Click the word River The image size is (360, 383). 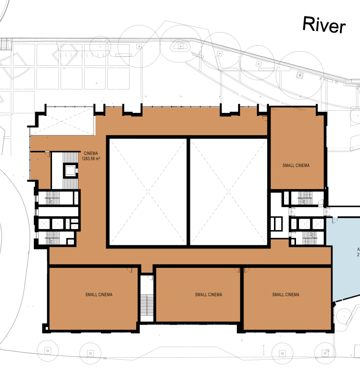(x=323, y=25)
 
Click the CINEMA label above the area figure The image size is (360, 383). (x=91, y=153)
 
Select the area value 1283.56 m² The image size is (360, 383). (x=91, y=158)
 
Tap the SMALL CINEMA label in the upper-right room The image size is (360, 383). (x=296, y=165)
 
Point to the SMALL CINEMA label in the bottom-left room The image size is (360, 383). (x=99, y=294)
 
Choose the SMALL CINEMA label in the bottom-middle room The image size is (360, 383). (x=208, y=294)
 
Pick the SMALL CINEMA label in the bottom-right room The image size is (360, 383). (x=286, y=294)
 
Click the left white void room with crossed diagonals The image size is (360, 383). (x=147, y=191)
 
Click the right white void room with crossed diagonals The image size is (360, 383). (x=228, y=191)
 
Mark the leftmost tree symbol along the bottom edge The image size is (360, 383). (x=48, y=350)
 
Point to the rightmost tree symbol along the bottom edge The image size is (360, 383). (x=324, y=352)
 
